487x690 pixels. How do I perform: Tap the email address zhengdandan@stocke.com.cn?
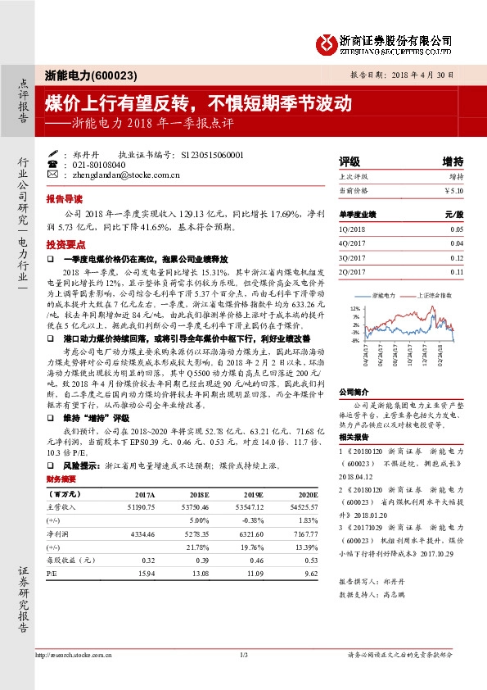pyautogui.click(x=121, y=175)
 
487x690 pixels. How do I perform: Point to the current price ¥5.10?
pyautogui.click(x=453, y=190)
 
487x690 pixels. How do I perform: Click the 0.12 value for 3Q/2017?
pyautogui.click(x=456, y=257)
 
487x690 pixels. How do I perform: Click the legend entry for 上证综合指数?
pyautogui.click(x=435, y=293)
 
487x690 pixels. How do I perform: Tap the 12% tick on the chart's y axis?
pyautogui.click(x=355, y=308)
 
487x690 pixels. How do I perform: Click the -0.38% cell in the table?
pyautogui.click(x=253, y=521)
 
